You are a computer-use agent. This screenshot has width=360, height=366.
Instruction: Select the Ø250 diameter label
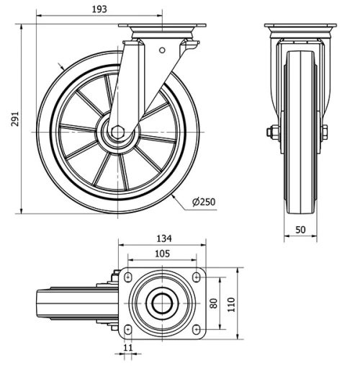pyautogui.click(x=204, y=202)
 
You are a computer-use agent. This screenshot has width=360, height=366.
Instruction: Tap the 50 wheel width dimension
pyautogui.click(x=301, y=230)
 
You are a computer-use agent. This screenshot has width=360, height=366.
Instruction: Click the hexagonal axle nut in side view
pyautogui.click(x=117, y=133)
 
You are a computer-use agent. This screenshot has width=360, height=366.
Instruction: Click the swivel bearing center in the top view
pyautogui.click(x=162, y=303)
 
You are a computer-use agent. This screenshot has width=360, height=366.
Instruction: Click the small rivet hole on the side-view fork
pyautogui.click(x=161, y=50)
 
